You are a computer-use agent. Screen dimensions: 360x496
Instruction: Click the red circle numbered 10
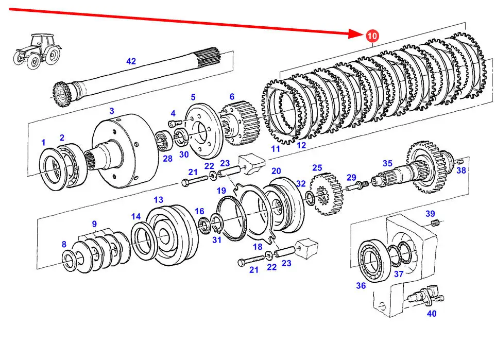(x=372, y=36)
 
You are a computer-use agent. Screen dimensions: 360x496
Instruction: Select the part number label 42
(x=131, y=61)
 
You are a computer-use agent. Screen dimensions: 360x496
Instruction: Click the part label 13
(x=158, y=199)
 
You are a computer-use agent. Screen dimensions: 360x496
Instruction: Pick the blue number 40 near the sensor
(x=431, y=314)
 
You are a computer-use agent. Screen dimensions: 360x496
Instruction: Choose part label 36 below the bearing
(x=361, y=286)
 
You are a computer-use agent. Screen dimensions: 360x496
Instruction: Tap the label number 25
(x=317, y=168)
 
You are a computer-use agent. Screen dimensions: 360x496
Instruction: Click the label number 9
(x=94, y=224)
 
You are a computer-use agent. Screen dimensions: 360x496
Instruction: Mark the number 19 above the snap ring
(x=221, y=191)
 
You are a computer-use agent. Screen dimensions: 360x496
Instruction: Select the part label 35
(x=387, y=163)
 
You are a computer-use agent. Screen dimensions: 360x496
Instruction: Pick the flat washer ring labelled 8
(x=69, y=260)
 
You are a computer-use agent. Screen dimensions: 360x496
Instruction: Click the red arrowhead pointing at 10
(x=357, y=34)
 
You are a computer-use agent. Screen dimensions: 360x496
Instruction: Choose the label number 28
(x=168, y=159)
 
